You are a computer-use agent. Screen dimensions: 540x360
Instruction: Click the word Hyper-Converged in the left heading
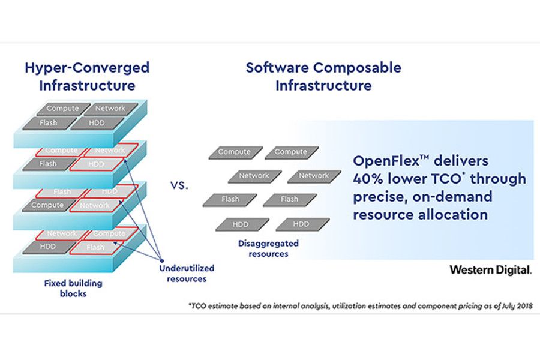pos(87,68)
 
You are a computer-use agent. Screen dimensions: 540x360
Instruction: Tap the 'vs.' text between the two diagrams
pos(179,185)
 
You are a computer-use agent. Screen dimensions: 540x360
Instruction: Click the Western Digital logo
pos(490,270)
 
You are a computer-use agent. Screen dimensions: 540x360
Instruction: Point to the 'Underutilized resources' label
pos(187,273)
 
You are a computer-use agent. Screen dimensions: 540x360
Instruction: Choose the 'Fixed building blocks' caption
pos(73,289)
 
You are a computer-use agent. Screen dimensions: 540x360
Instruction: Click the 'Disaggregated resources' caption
pos(268,248)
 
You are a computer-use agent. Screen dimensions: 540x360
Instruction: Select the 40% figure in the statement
pos(368,179)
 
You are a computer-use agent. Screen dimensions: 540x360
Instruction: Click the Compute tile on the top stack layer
pos(63,109)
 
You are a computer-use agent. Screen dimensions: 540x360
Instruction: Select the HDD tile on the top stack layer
pos(97,123)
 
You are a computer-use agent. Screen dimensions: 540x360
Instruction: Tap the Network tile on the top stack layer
pos(110,109)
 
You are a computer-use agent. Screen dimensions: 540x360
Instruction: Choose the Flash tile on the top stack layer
pos(49,123)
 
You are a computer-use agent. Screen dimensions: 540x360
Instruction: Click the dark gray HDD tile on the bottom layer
pos(49,247)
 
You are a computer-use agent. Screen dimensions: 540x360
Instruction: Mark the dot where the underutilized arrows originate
pos(162,261)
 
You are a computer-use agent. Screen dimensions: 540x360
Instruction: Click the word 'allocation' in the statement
pos(453,215)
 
